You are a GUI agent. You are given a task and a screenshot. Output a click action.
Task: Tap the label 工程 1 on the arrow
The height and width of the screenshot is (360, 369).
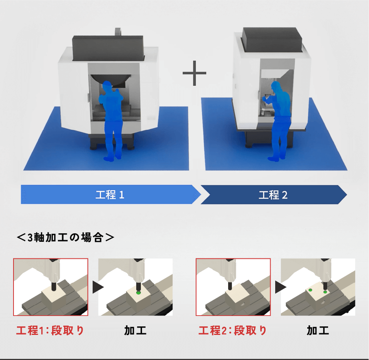[x=110, y=195]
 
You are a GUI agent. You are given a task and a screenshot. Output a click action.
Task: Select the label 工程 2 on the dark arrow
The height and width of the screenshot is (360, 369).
[x=273, y=195]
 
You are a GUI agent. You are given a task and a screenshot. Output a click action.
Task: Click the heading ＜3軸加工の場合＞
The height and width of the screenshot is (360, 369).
[x=66, y=237]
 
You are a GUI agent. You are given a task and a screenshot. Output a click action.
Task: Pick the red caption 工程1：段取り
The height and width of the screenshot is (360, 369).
[x=50, y=331]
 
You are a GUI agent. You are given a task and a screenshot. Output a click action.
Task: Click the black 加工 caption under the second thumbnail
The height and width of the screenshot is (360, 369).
[x=135, y=331]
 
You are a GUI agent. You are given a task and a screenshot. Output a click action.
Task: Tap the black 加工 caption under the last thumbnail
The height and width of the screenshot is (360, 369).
[x=318, y=331]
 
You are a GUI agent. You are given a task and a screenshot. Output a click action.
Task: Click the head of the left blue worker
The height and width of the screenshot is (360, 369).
[x=107, y=86]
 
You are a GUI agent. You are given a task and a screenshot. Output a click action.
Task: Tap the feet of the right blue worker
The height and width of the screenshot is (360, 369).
[x=275, y=158]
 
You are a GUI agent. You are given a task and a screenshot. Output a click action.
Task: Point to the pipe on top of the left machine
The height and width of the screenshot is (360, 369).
[x=119, y=31]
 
